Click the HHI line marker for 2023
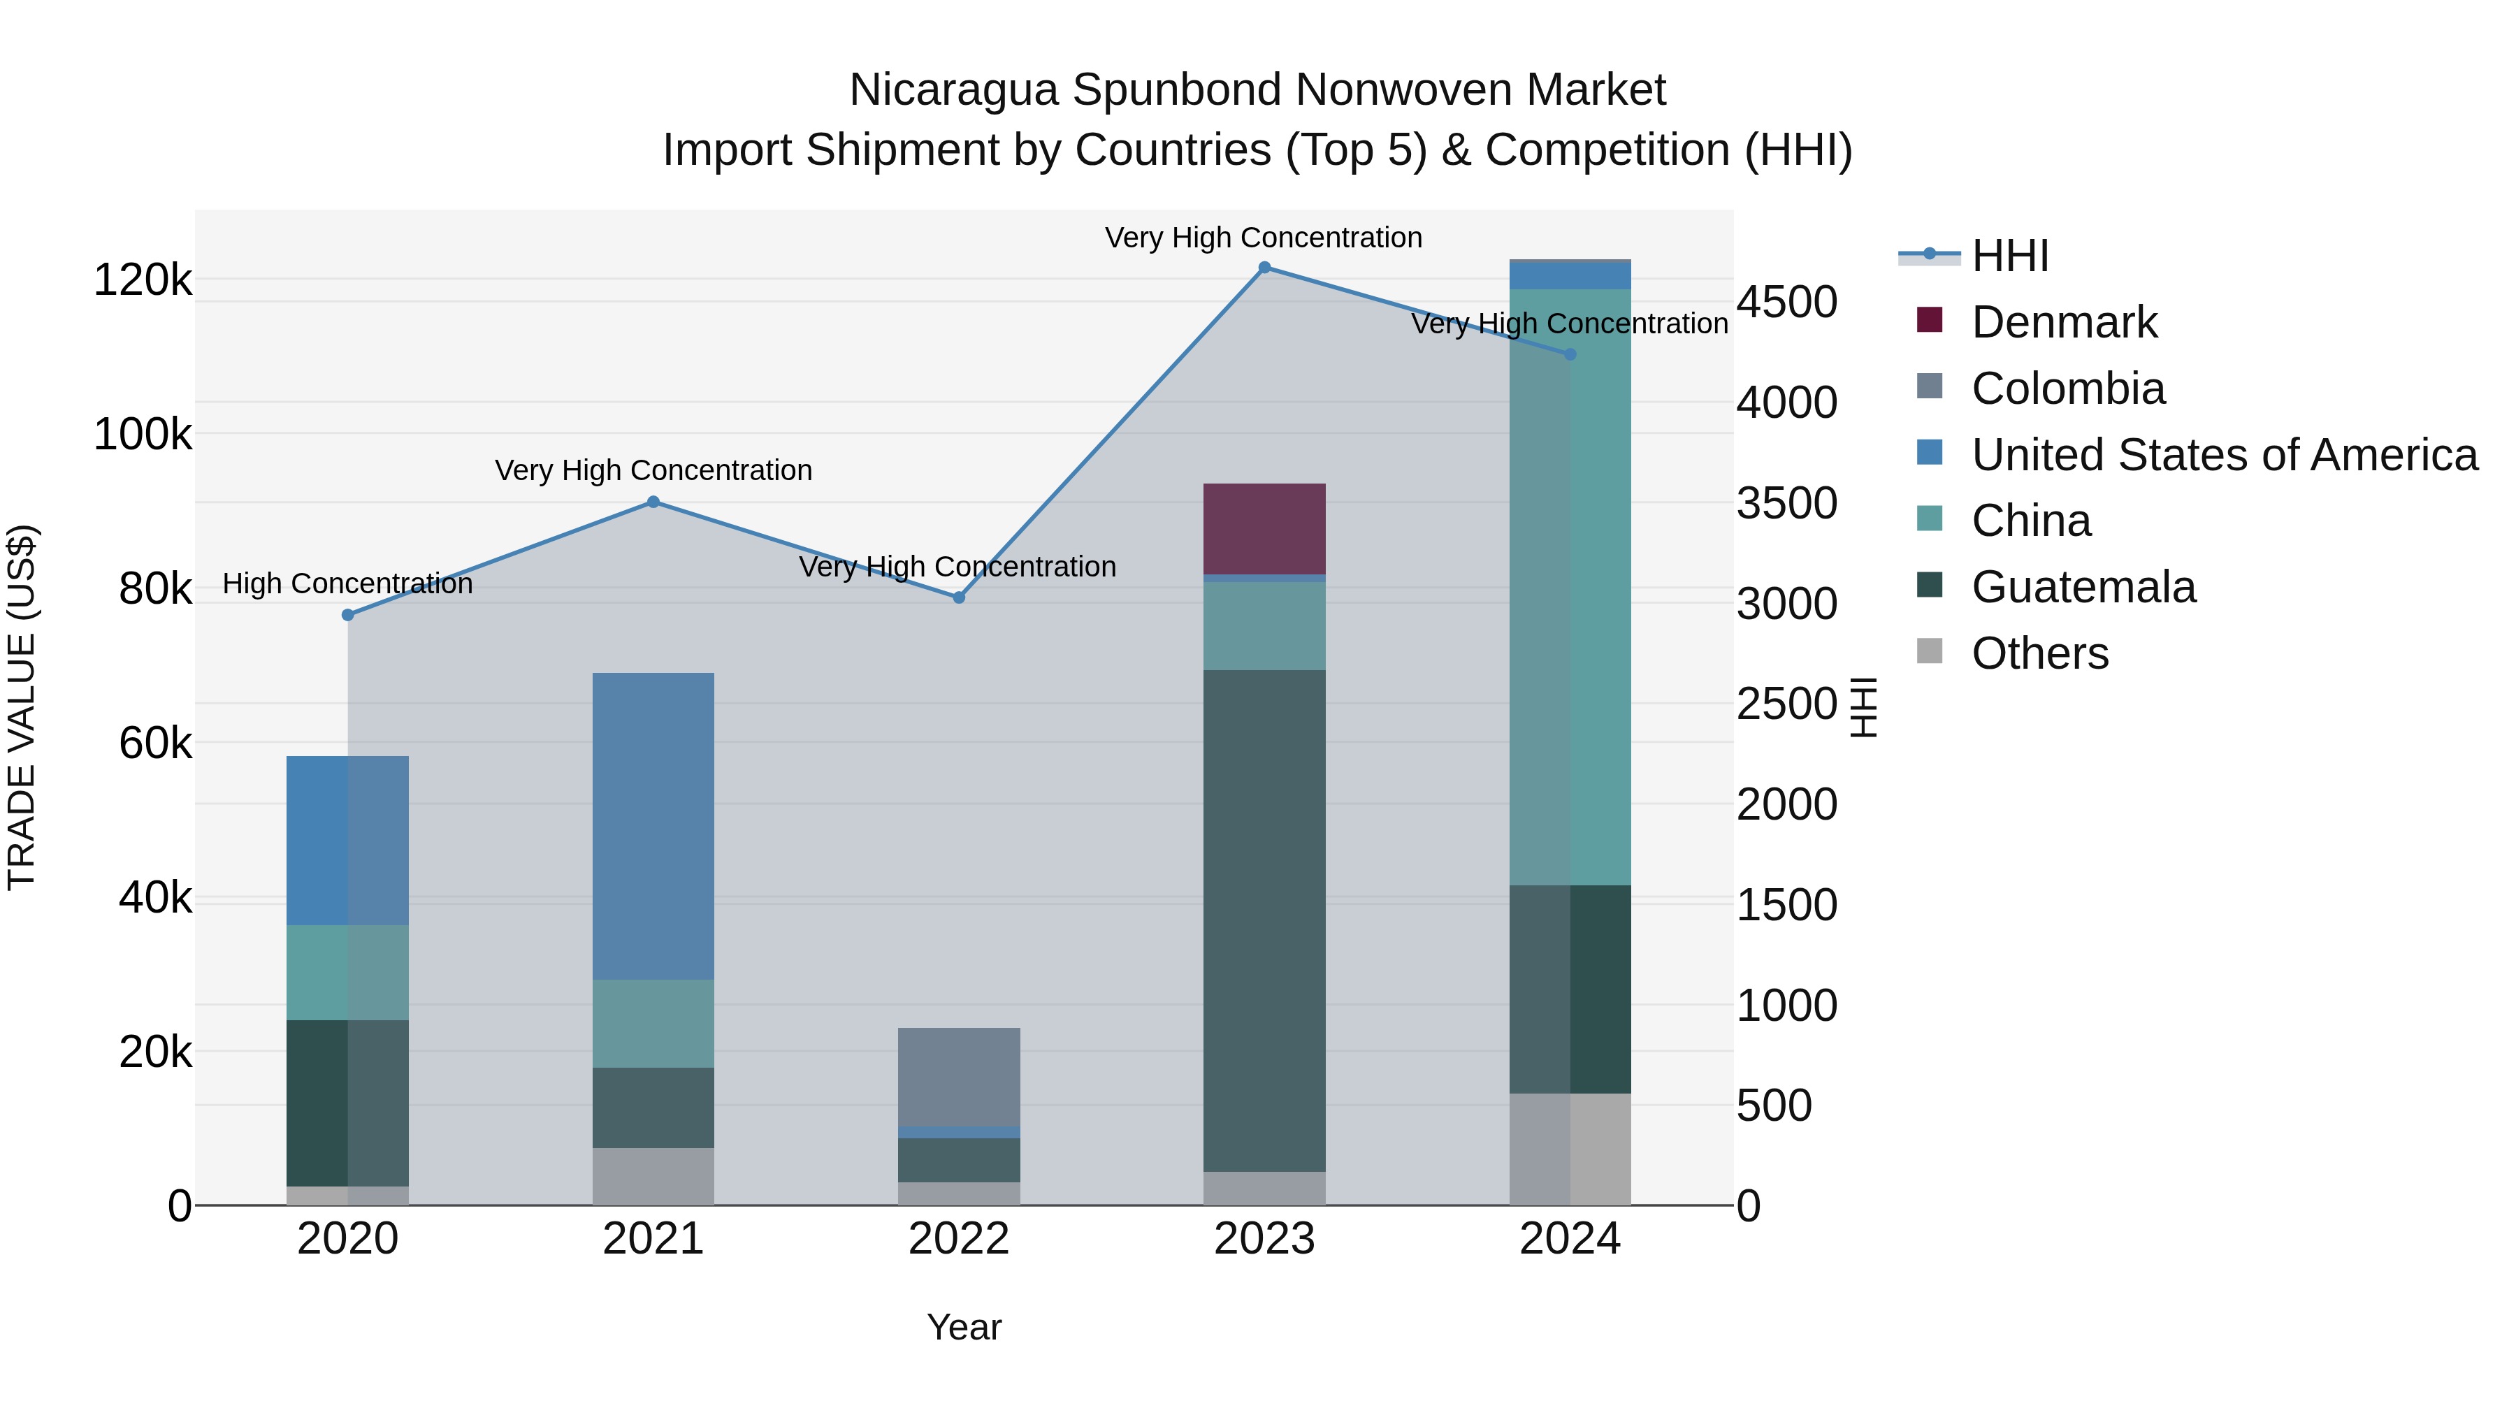click(x=1264, y=268)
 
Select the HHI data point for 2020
click(x=348, y=614)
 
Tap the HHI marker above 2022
click(x=959, y=597)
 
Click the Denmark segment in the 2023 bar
click(x=1264, y=528)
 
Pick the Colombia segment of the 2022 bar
click(x=959, y=1077)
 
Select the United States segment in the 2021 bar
click(x=653, y=826)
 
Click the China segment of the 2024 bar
click(x=1570, y=587)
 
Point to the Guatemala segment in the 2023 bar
click(x=1264, y=920)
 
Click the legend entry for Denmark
click(x=2063, y=322)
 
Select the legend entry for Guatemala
click(x=2083, y=587)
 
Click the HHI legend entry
click(x=2009, y=256)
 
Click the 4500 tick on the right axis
click(x=1786, y=303)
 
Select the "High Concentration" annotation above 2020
click(x=348, y=584)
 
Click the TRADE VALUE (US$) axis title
click(x=22, y=707)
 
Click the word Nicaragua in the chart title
click(x=953, y=90)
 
